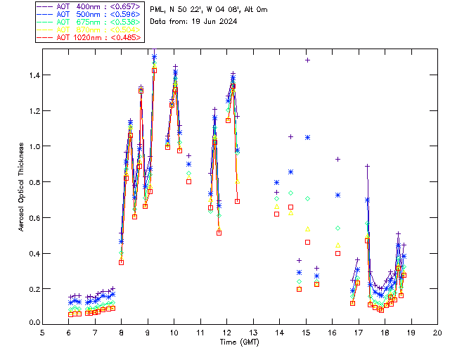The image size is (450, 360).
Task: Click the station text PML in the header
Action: (x=159, y=10)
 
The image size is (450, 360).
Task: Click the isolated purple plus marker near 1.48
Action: (x=307, y=60)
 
